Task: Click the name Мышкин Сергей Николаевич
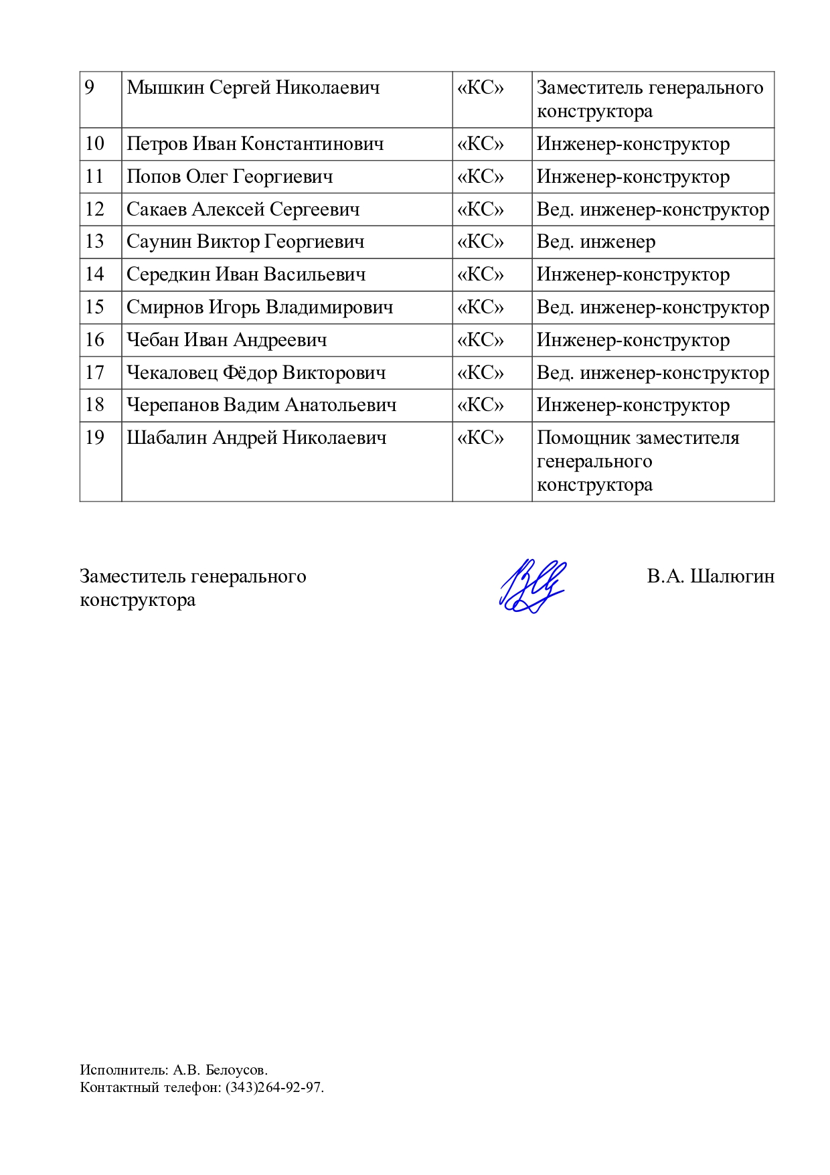253,88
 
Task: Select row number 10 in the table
95,144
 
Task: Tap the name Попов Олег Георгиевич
230,177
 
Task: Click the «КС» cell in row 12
480,210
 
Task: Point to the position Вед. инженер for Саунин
596,242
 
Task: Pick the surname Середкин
168,275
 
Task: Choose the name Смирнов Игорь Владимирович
260,307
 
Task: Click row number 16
95,340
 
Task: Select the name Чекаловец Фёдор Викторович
256,373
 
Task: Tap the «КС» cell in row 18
480,405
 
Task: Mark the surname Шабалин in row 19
167,438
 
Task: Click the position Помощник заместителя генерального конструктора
637,461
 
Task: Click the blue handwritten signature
532,586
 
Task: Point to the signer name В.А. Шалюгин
710,576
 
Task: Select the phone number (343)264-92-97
274,1087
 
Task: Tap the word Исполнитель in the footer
124,1070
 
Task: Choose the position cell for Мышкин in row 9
649,99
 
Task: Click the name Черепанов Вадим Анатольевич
262,405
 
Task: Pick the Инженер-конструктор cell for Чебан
633,340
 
